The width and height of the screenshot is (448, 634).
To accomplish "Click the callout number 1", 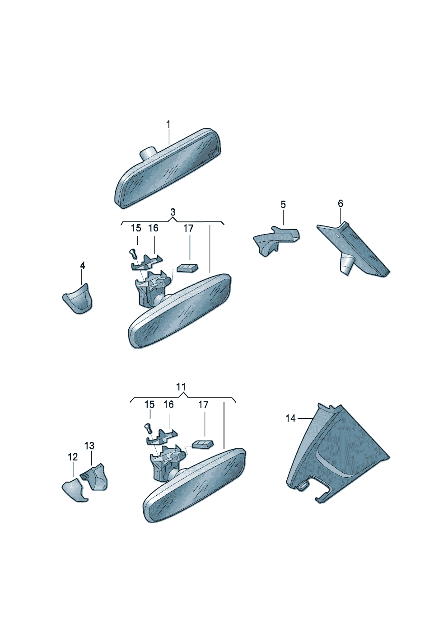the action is pos(168,124).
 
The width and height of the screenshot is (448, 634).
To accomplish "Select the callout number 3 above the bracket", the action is pos(173,212).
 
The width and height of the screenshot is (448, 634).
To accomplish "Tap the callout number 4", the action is pos(82,266).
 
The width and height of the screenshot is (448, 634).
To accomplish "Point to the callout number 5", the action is pos(283,204).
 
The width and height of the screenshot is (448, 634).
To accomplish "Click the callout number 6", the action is pos(340,203).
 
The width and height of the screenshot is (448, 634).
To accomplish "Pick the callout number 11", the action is pos(181,386).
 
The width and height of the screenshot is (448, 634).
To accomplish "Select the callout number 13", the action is pos(89,446).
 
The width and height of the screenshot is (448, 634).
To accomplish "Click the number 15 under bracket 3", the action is pos(136,228).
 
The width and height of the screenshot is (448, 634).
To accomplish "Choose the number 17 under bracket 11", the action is pos(203,405).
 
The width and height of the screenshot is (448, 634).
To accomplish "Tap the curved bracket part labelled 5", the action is pos(276,240).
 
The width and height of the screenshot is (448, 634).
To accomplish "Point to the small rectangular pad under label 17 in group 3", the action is pos(187,268).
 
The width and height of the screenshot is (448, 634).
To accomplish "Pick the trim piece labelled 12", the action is pos(74,490).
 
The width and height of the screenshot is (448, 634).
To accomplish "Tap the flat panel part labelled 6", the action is pos(354,249).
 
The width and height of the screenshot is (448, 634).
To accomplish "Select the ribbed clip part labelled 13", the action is pos(94,477).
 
